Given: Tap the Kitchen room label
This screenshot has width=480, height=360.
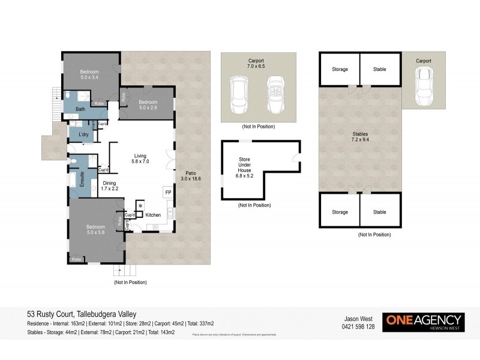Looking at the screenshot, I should click(x=154, y=214).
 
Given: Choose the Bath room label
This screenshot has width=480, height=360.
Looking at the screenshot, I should click(x=80, y=109).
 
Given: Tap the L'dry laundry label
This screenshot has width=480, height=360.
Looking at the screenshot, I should click(x=84, y=135).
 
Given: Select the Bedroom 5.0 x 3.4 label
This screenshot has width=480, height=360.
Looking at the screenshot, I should click(x=93, y=74).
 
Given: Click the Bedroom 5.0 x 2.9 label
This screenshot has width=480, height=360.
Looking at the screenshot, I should click(x=148, y=104).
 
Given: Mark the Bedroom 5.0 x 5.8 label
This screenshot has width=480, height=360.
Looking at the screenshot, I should click(x=96, y=229).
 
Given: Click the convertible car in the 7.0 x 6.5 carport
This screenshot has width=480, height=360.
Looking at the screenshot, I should click(x=276, y=94).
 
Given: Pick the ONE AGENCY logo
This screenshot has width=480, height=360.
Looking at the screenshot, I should click(x=424, y=321).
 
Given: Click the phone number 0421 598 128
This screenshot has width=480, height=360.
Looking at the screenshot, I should click(x=358, y=327).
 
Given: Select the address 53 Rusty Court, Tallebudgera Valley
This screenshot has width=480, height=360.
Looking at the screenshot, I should click(x=82, y=314).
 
